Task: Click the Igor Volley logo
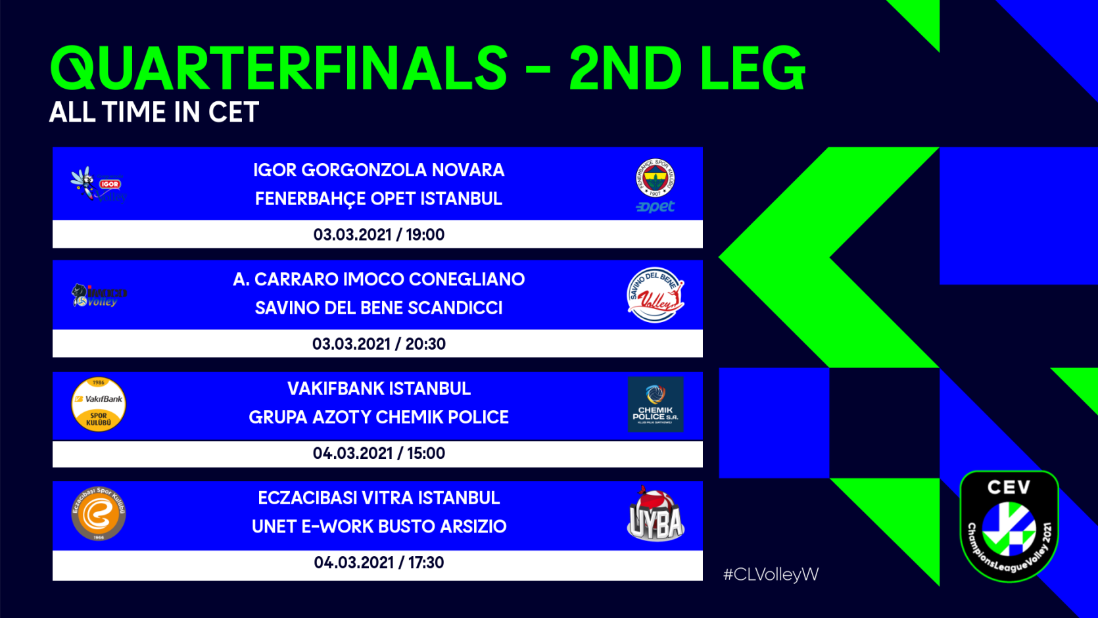point(99,184)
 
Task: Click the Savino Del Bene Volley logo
point(656,295)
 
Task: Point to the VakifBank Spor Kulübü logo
point(99,404)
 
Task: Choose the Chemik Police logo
point(656,404)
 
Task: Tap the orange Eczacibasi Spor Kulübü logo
point(99,513)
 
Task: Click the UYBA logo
point(656,513)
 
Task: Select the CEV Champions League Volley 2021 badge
point(1009,527)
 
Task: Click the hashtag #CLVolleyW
point(771,575)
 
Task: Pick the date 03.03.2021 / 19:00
point(379,235)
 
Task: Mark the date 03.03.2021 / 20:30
point(379,344)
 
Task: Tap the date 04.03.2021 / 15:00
point(379,454)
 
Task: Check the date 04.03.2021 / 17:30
point(379,563)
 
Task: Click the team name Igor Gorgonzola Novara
point(379,170)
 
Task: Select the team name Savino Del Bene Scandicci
point(379,308)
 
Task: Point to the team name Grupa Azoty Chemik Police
point(379,417)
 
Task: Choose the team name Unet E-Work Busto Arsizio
point(379,527)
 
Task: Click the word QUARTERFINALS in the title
point(278,68)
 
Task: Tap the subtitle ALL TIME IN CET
point(154,112)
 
